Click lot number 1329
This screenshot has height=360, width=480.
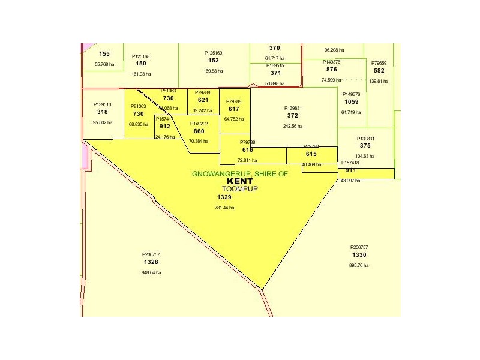(x=224, y=197)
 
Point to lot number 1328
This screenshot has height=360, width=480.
(x=151, y=262)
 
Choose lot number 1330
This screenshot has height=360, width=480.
(x=359, y=255)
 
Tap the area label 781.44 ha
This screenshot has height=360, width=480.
(x=224, y=208)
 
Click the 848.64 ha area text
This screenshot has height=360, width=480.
(x=151, y=272)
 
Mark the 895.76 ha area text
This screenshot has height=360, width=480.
(x=359, y=265)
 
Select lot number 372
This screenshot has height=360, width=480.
(x=293, y=116)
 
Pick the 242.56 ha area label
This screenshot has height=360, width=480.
(x=293, y=126)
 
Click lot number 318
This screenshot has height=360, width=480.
(x=102, y=112)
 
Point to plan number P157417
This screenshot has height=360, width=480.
(x=165, y=119)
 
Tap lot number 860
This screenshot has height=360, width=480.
(x=199, y=131)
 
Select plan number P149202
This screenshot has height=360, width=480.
(x=199, y=124)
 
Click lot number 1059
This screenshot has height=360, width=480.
(x=351, y=102)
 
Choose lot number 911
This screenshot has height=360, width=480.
(x=350, y=170)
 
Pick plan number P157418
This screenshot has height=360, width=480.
(x=350, y=163)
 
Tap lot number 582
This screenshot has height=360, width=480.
(x=379, y=71)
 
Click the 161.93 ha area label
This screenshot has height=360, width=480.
(x=141, y=74)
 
